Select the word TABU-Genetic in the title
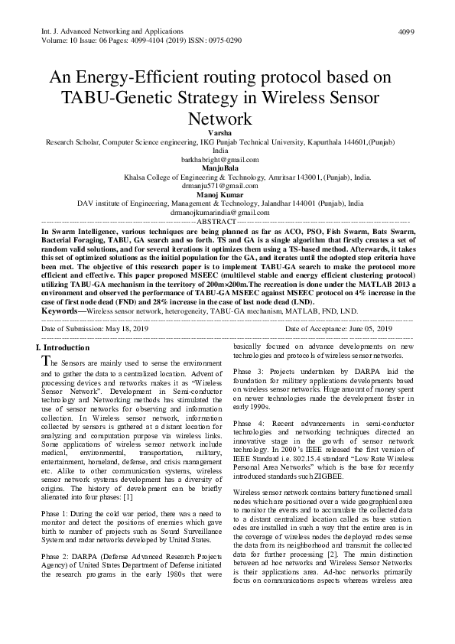point(139,98)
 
